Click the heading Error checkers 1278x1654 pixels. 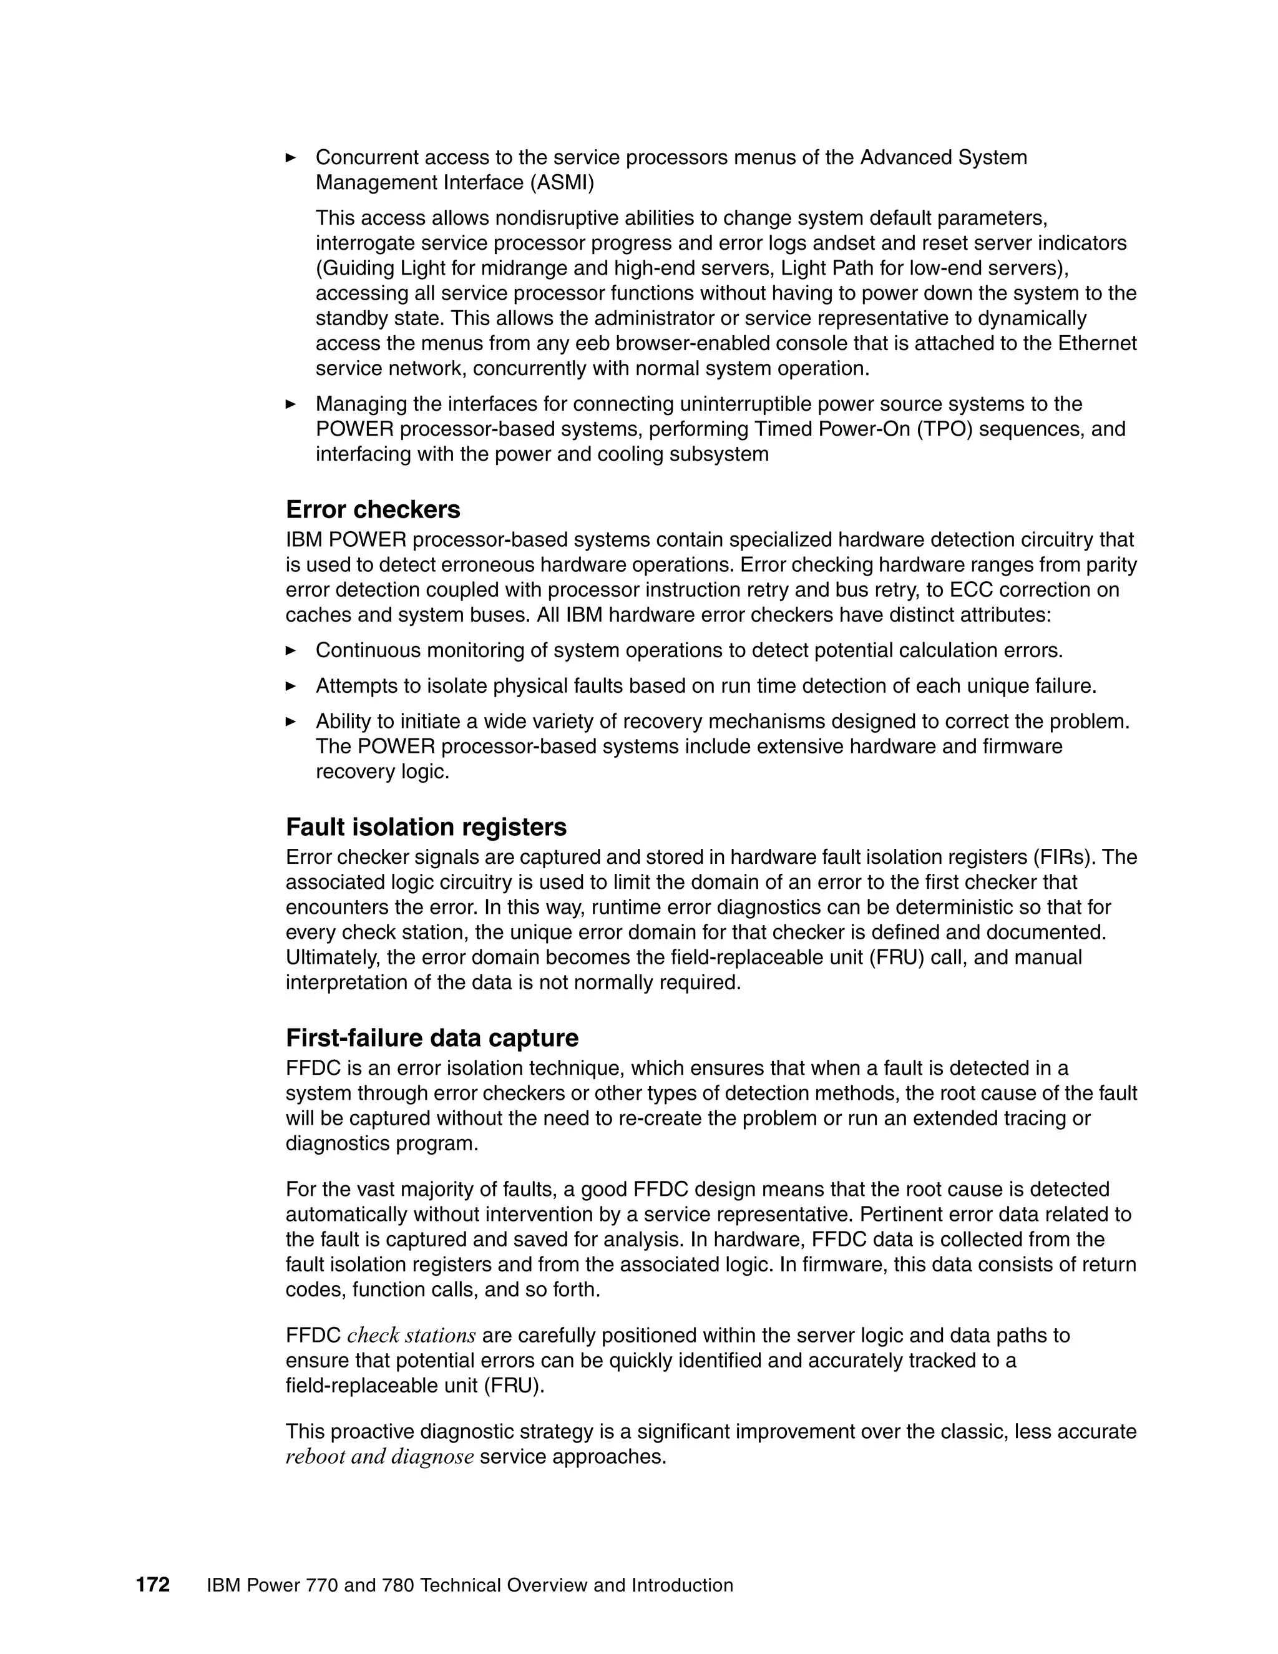(x=373, y=510)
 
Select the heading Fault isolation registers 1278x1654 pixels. (x=426, y=827)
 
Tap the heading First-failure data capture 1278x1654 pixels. (x=432, y=1037)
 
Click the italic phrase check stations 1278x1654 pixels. (x=411, y=1335)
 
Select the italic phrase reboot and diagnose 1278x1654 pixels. (x=379, y=1456)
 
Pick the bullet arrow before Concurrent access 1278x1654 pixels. (x=291, y=157)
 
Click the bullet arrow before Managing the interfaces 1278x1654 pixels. (x=291, y=404)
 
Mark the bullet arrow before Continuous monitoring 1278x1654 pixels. (x=291, y=650)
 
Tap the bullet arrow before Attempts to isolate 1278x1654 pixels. (x=291, y=686)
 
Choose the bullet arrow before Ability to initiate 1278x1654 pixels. (x=291, y=722)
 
